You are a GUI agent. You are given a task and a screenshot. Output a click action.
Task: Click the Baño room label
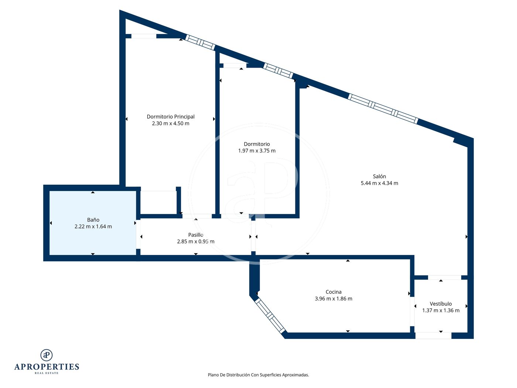pos(93,220)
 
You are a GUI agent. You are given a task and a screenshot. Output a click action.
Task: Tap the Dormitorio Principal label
pos(171,117)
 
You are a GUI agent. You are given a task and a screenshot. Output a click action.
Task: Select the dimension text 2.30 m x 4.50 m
pos(171,123)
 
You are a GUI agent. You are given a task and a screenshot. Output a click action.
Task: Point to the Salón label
pos(379,176)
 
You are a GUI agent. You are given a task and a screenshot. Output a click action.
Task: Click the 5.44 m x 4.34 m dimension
pos(379,183)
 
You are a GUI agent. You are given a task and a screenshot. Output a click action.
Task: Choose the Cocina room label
pos(333,292)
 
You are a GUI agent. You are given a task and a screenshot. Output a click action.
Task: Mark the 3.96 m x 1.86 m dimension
pos(333,299)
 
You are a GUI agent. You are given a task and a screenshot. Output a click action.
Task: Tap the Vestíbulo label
pos(441,304)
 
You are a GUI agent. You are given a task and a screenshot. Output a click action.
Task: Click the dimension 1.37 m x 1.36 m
pos(441,310)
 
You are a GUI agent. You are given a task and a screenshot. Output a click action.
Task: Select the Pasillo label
pos(196,235)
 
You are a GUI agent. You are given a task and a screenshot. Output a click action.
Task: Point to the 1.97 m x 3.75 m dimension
pos(257,151)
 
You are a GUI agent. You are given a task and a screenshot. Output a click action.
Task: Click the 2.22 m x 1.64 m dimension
pos(93,227)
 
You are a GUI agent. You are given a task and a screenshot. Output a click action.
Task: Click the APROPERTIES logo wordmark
pos(47,367)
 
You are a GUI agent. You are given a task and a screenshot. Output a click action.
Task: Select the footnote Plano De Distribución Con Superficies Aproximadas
pos(258,375)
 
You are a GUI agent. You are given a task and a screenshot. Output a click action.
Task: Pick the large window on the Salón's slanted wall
pos(383,109)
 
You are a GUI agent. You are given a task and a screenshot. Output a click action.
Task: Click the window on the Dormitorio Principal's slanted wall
pos(200,42)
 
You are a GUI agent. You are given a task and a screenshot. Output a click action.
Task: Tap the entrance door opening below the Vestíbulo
pos(433,336)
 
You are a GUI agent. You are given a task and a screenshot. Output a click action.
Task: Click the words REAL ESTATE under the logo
pos(47,373)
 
